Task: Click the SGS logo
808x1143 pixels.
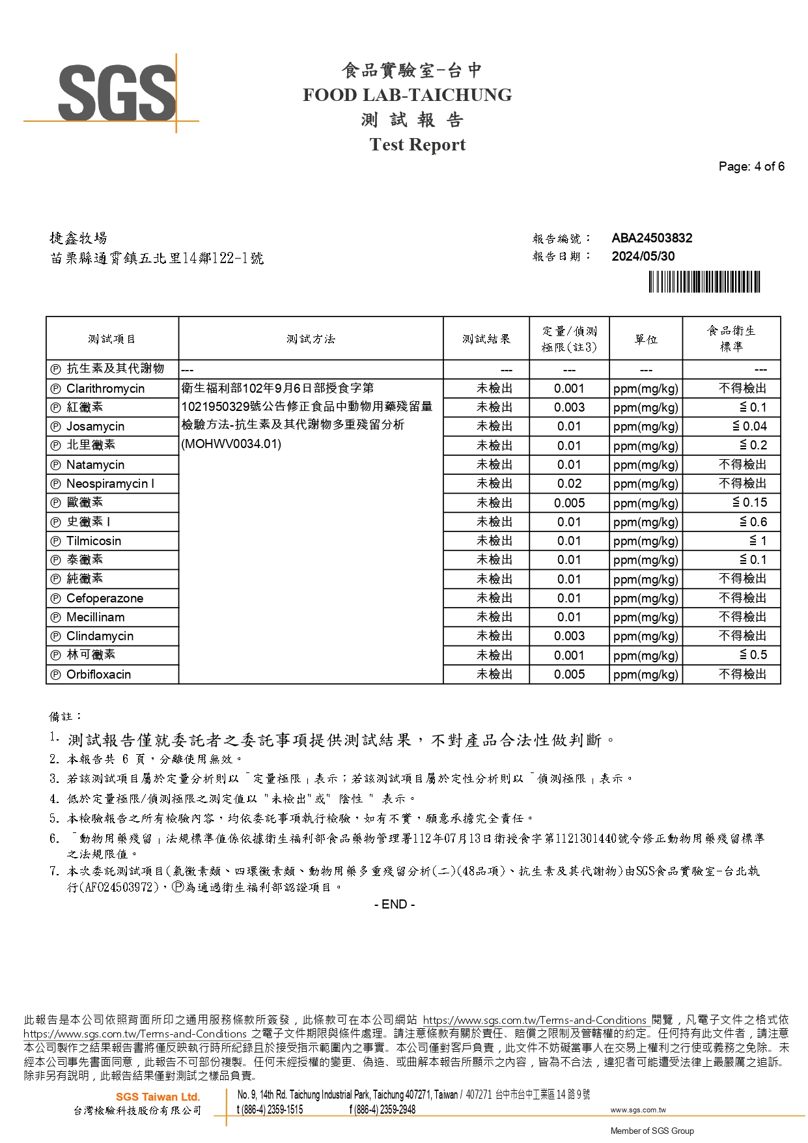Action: click(117, 92)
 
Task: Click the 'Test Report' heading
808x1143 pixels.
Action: click(417, 145)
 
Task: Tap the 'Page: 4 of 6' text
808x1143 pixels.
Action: click(751, 167)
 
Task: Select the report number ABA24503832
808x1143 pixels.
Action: click(652, 238)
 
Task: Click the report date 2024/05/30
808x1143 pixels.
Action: click(643, 257)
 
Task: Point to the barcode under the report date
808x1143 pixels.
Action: click(704, 282)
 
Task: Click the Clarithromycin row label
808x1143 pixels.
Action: click(105, 389)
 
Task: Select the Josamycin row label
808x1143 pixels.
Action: click(95, 427)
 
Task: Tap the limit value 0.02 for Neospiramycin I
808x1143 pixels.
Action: click(569, 484)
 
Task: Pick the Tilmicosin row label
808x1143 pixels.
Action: click(94, 541)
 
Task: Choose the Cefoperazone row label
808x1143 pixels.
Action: click(105, 599)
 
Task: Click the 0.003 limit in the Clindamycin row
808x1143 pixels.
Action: click(569, 636)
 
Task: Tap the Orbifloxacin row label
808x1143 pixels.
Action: click(98, 675)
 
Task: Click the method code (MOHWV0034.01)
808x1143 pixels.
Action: click(231, 444)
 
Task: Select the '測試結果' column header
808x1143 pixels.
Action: click(486, 339)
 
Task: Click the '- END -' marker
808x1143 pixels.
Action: click(395, 905)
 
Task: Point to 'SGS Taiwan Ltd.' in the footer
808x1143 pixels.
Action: click(158, 1097)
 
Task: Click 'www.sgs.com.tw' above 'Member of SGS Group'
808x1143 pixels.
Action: click(637, 1110)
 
